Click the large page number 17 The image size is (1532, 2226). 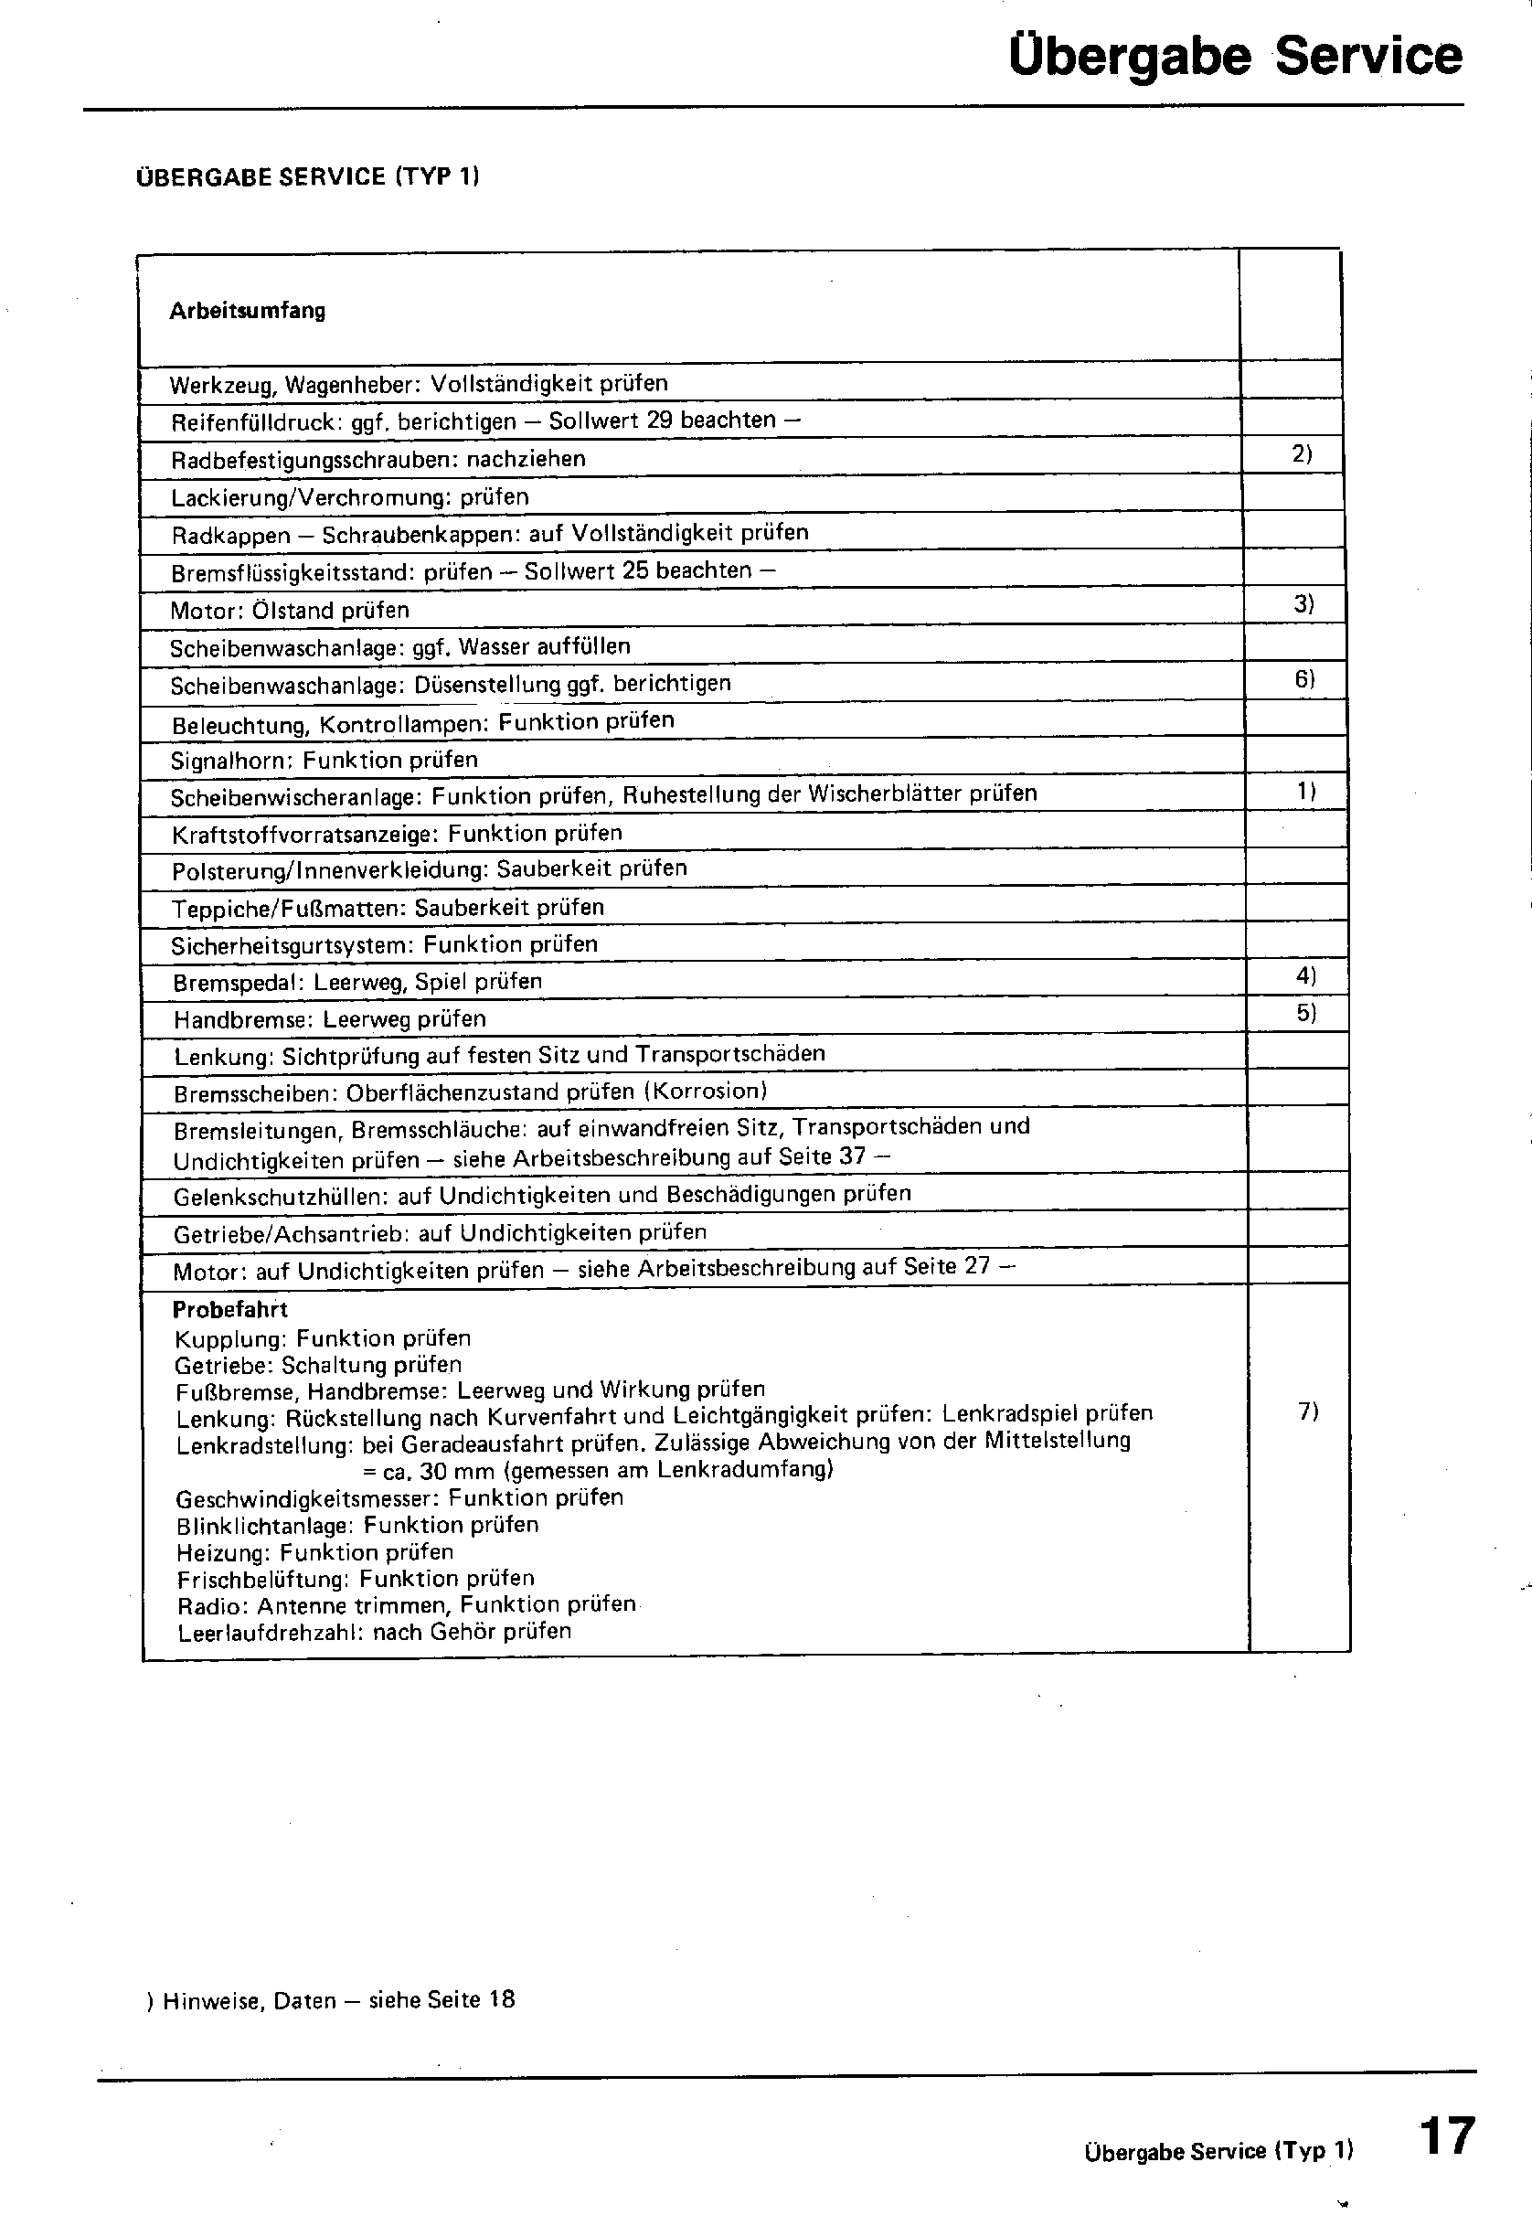1447,2136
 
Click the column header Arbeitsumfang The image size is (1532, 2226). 247,311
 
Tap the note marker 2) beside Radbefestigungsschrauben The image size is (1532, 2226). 1302,453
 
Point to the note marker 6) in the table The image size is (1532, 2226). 1304,678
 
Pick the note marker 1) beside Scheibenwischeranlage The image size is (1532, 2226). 1305,792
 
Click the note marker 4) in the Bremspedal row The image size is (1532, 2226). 1305,976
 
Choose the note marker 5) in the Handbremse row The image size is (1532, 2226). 1306,1013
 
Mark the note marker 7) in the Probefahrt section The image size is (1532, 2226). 1308,1411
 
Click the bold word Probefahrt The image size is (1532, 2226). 229,1310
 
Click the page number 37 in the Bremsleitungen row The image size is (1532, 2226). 853,1156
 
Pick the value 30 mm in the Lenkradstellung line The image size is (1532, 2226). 457,1471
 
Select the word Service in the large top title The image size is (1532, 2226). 1368,56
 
